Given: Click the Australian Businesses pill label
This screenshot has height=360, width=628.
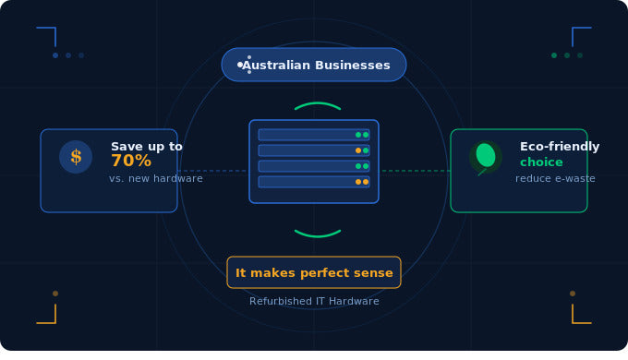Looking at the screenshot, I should (314, 65).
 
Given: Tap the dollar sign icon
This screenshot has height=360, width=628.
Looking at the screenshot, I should (76, 157).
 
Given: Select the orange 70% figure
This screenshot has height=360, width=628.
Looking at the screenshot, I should (131, 161).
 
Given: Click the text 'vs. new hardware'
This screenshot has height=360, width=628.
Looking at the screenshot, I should (156, 178).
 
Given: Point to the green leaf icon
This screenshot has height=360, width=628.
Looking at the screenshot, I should (485, 156).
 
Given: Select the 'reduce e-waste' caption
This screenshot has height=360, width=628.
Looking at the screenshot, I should (555, 178).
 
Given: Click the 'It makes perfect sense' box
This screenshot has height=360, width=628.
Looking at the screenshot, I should (314, 272).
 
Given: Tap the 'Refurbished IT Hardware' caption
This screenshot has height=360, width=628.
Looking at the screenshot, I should (314, 301).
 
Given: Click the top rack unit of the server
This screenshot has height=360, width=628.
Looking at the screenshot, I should (314, 135).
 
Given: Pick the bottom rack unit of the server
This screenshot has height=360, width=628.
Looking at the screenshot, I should (314, 182).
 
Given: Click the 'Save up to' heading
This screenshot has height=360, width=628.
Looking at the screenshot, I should (147, 146).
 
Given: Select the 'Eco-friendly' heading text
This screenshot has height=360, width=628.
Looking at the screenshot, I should (560, 146).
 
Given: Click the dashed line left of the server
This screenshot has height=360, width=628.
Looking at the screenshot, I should (212, 171).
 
